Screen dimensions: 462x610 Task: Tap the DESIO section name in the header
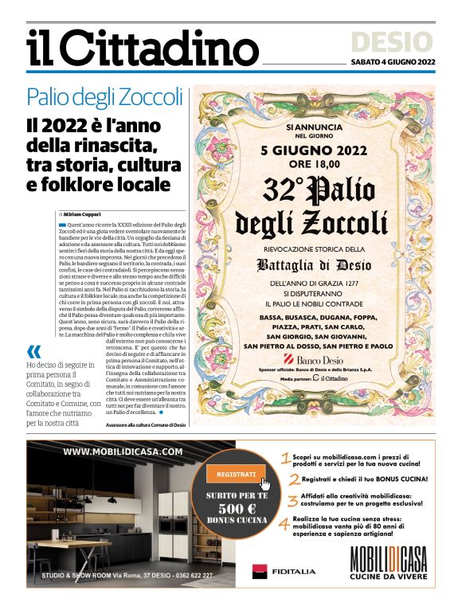[402, 41]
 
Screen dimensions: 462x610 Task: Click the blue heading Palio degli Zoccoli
[104, 98]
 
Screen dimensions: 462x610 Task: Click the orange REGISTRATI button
[237, 475]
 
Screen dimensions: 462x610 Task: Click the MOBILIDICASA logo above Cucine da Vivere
[389, 560]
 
